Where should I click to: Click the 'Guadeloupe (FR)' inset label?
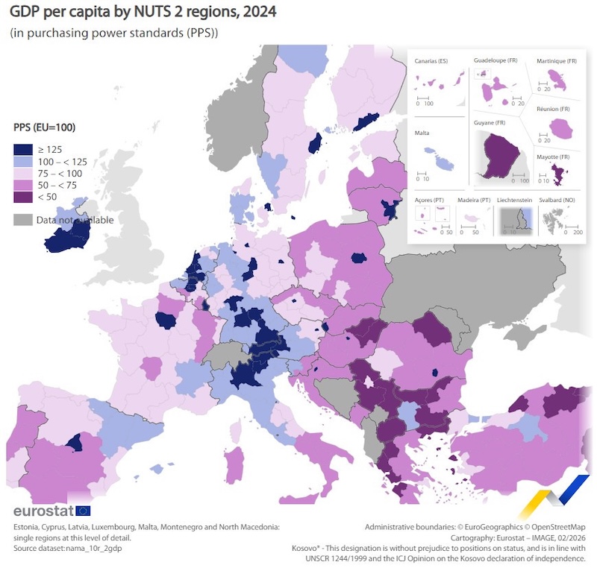pyautogui.click(x=496, y=60)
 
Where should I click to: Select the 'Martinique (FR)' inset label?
pyautogui.click(x=557, y=61)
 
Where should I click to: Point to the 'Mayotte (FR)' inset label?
pyautogui.click(x=554, y=157)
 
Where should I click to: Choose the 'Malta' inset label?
pyautogui.click(x=422, y=133)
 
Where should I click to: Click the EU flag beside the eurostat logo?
pyautogui.click(x=83, y=511)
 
